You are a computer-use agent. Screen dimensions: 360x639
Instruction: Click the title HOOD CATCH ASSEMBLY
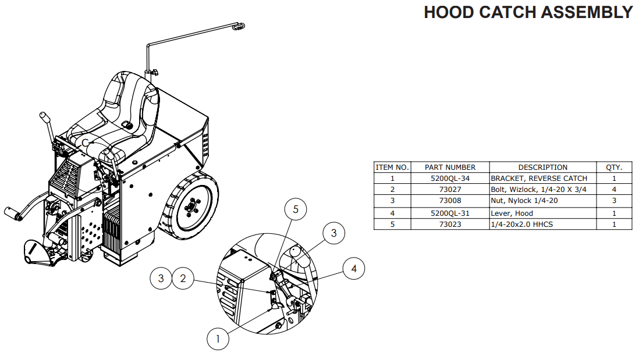pyautogui.click(x=528, y=12)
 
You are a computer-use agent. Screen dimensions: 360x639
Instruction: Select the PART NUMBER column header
pyautogui.click(x=450, y=167)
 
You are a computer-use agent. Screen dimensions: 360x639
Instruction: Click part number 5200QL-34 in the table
pyautogui.click(x=450, y=179)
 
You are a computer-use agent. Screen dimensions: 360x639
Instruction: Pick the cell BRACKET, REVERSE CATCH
pyautogui.click(x=539, y=179)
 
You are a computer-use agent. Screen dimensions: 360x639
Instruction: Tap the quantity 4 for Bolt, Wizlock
pyautogui.click(x=613, y=190)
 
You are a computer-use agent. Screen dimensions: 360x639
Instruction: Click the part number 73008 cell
pyautogui.click(x=450, y=201)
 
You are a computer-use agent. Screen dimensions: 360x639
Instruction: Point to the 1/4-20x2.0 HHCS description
pyautogui.click(x=521, y=224)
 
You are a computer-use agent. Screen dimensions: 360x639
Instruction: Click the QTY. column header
pyautogui.click(x=613, y=167)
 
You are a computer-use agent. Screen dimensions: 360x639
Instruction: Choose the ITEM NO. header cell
pyautogui.click(x=392, y=167)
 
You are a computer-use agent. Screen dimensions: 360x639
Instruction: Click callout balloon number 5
pyautogui.click(x=296, y=210)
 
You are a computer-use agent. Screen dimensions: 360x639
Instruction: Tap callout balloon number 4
pyautogui.click(x=354, y=269)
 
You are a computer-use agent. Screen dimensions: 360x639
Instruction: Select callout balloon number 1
pyautogui.click(x=218, y=338)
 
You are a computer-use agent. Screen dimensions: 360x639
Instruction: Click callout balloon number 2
pyautogui.click(x=183, y=279)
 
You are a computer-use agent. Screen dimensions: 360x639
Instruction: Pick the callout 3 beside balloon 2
pyautogui.click(x=161, y=279)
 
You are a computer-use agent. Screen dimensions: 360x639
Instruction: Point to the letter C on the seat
pyautogui.click(x=86, y=142)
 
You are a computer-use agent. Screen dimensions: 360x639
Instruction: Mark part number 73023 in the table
pyautogui.click(x=450, y=224)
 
